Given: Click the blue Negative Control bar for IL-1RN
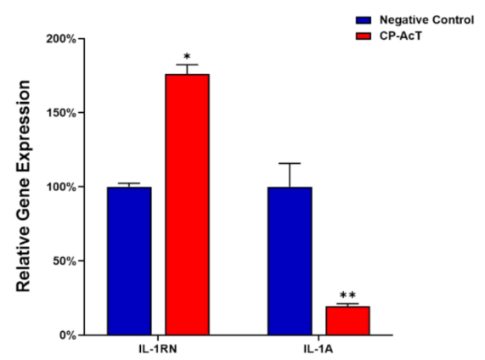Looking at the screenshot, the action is tap(129, 261).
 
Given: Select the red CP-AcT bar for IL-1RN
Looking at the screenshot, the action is tap(187, 205).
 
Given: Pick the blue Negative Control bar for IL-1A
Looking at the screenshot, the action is tap(290, 261).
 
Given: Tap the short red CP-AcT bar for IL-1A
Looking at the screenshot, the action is tap(347, 321).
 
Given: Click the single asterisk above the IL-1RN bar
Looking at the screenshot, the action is tap(187, 57).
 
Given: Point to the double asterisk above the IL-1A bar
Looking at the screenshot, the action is tap(347, 295).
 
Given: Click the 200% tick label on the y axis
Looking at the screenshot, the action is tap(61, 39).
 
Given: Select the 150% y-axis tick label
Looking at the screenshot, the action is tap(61, 113).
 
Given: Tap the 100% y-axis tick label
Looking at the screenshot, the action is tap(61, 187).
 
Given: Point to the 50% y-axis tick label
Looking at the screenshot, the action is tap(65, 261).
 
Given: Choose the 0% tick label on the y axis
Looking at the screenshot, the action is tap(67, 335).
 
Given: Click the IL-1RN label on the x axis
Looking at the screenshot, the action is tap(158, 349).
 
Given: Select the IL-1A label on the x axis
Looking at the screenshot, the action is tap(319, 349).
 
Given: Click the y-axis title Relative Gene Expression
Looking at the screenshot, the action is tap(23, 186).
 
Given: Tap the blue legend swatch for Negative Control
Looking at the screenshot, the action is tap(364, 20).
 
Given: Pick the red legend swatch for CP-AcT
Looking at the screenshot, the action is tap(364, 37).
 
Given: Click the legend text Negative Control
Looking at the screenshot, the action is tap(427, 20).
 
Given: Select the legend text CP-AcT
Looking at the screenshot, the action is tap(401, 37).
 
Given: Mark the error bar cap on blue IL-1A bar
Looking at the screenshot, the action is tap(290, 163).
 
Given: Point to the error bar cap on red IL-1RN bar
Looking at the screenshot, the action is tap(187, 65).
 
